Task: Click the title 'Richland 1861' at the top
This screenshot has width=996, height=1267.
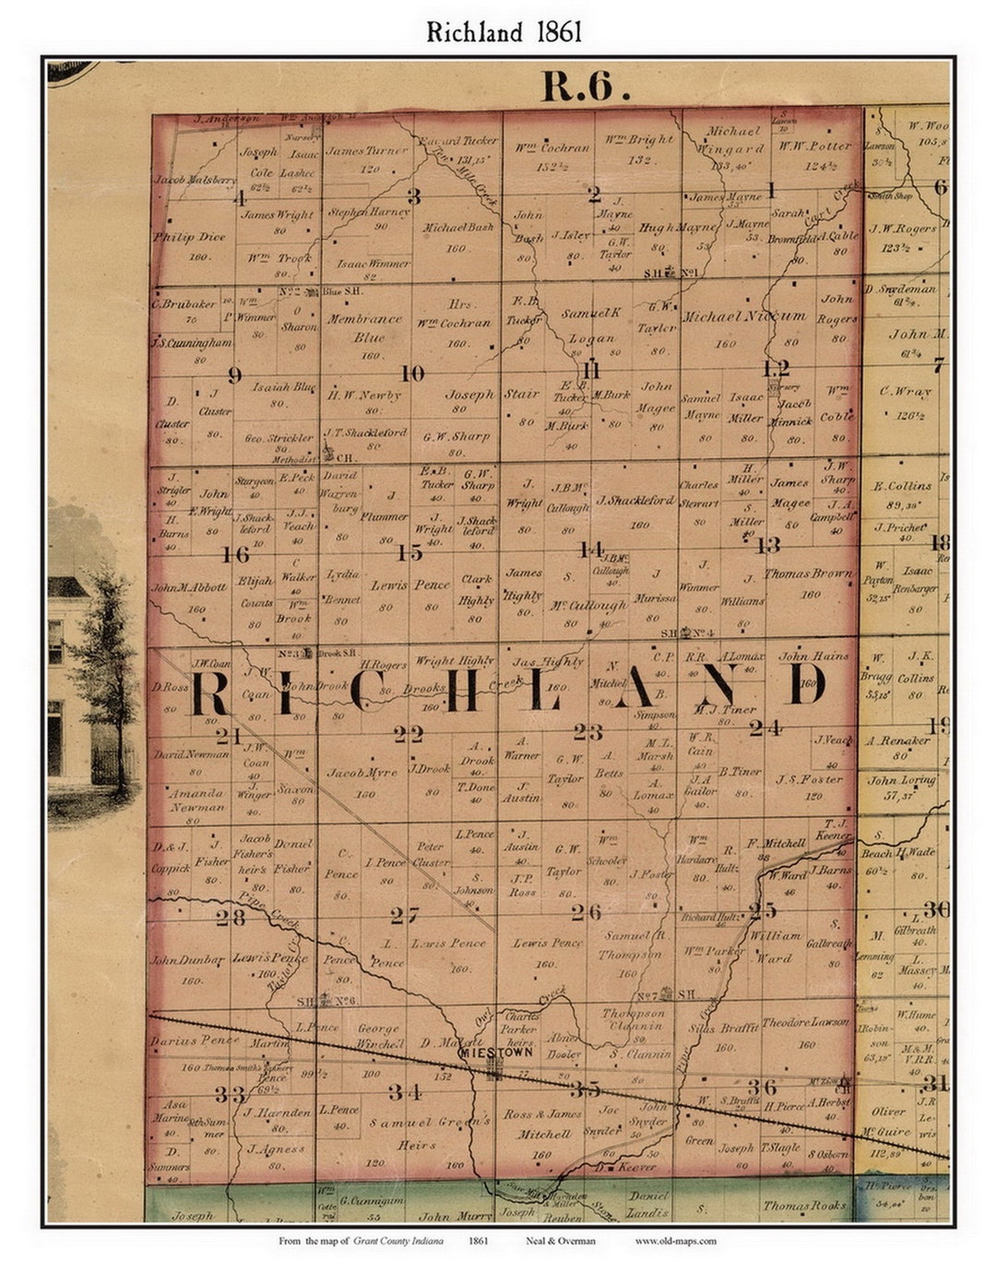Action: coord(504,32)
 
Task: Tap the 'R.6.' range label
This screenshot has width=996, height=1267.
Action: coord(586,87)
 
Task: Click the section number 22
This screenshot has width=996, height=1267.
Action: coord(409,734)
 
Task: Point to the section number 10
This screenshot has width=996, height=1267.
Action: coord(412,373)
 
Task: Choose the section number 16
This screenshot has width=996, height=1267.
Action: coord(235,554)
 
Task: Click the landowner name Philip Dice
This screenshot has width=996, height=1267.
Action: coord(189,237)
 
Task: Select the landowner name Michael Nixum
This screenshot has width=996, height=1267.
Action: coord(743,316)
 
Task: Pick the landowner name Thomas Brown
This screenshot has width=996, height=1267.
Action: coord(808,573)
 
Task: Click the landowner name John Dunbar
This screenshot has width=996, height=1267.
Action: coord(188,960)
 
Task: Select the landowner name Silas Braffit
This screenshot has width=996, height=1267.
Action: coord(723,1027)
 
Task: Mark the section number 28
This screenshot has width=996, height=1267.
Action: coord(230,918)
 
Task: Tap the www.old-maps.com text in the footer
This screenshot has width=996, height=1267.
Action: coord(675,1241)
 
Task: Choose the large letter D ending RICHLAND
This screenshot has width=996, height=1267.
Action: coord(808,683)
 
